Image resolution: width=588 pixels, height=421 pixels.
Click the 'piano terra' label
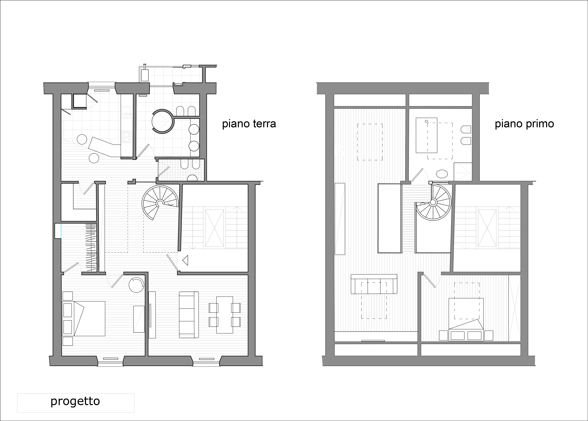tap(249, 124)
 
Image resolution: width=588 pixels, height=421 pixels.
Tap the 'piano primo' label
tap(524, 124)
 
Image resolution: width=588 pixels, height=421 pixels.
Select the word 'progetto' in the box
tap(75, 401)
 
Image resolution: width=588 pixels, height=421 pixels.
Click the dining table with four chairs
tap(225, 315)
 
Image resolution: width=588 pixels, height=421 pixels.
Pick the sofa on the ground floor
tap(189, 315)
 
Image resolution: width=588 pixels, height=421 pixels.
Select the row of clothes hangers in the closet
tap(91, 248)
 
